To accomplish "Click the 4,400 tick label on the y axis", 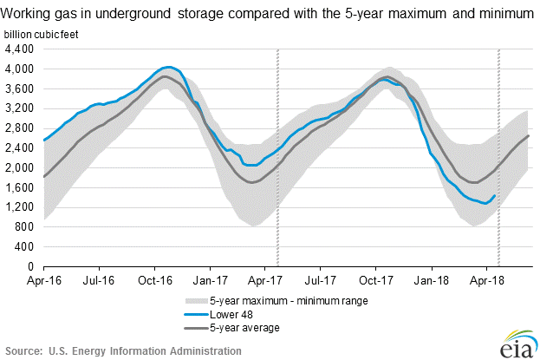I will (x=18, y=49).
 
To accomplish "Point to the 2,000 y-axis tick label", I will (x=18, y=168).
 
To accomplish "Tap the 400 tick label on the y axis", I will (x=24, y=247).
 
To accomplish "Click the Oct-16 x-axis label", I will (x=153, y=280).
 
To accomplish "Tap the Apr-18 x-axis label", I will (x=488, y=280).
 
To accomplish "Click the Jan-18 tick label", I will (x=432, y=280).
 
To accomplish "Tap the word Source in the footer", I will (x=23, y=350).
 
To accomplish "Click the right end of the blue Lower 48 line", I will (x=494, y=195).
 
